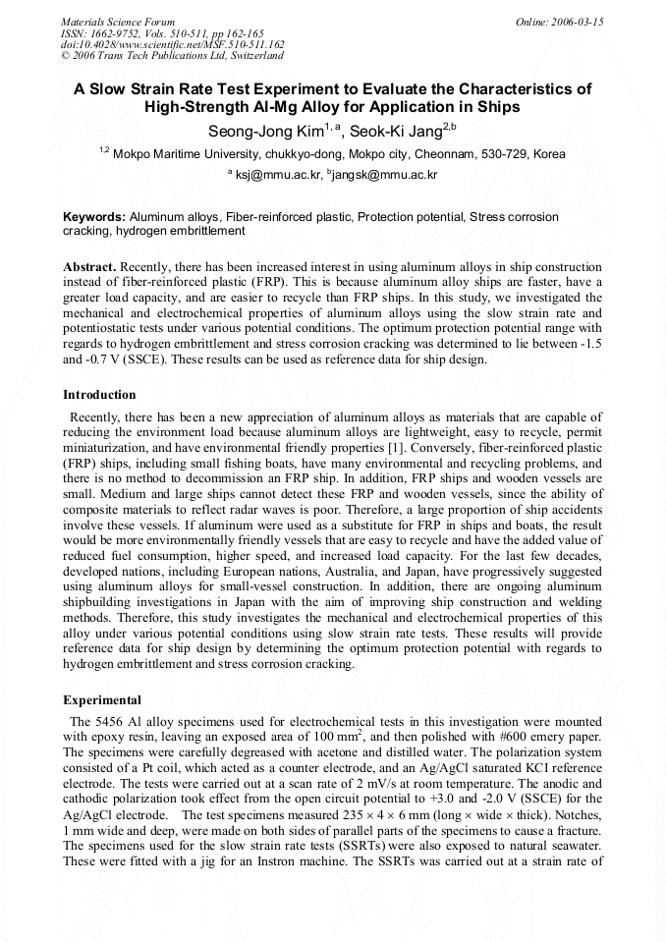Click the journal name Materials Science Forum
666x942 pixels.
(x=118, y=22)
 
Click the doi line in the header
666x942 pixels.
(x=172, y=45)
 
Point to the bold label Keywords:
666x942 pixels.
(x=94, y=216)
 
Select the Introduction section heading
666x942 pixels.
(x=99, y=395)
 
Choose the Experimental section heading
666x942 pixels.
(x=102, y=700)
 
